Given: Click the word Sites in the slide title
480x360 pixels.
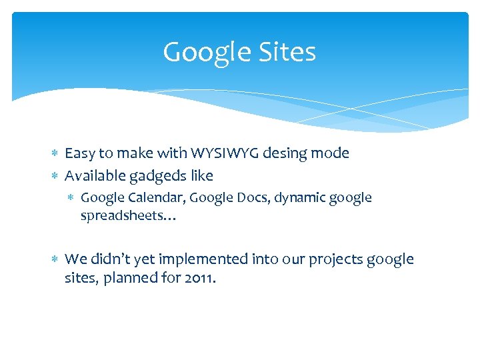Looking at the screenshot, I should (x=283, y=52).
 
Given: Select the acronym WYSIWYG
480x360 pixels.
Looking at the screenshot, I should (x=227, y=153).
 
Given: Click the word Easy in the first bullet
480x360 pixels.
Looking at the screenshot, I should (x=80, y=153).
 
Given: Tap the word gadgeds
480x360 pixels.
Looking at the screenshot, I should (x=161, y=177).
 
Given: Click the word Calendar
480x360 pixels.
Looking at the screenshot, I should (x=152, y=198).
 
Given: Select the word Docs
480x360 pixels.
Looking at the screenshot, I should (x=237, y=198).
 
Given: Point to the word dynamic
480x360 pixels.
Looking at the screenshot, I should (x=284, y=198).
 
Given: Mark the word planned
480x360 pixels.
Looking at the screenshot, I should (x=139, y=278).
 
